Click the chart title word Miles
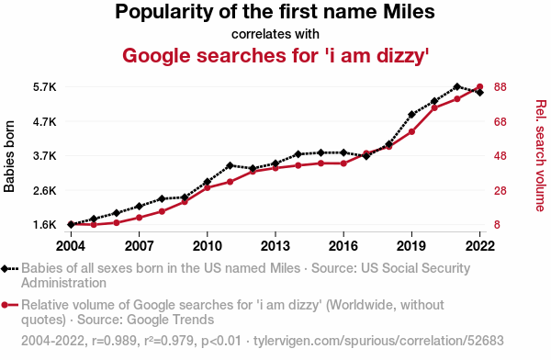(409, 12)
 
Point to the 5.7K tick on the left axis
(45, 87)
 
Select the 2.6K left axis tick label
(45, 190)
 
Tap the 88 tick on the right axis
(500, 87)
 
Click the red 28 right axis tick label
(500, 190)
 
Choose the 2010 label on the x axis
(208, 246)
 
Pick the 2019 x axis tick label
(411, 246)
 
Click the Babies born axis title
(9, 156)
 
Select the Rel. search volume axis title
(541, 156)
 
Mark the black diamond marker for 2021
(456, 86)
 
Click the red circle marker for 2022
(479, 86)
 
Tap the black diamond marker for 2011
(231, 165)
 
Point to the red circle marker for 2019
(411, 132)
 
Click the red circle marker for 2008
(162, 211)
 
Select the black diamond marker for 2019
(411, 114)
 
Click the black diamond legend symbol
(5, 268)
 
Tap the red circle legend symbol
(5, 305)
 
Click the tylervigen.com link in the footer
(378, 341)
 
